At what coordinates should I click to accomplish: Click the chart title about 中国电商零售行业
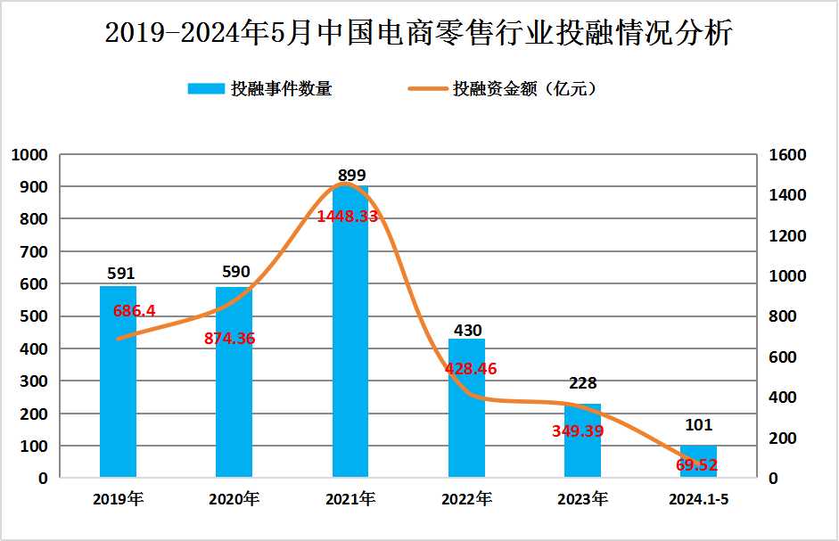[x=419, y=34]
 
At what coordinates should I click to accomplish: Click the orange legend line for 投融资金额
[x=427, y=88]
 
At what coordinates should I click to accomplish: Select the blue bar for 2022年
[x=466, y=419]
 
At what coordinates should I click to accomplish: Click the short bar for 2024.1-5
[x=698, y=462]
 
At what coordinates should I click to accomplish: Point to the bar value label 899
[x=351, y=176]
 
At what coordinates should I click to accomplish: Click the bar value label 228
[x=582, y=384]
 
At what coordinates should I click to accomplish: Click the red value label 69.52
[x=696, y=464]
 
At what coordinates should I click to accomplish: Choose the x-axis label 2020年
[x=234, y=499]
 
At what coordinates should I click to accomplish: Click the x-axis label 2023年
[x=582, y=499]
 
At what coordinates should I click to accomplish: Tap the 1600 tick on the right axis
[x=787, y=155]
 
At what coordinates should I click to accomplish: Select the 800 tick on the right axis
[x=784, y=316]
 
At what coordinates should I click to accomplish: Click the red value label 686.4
[x=135, y=311]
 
